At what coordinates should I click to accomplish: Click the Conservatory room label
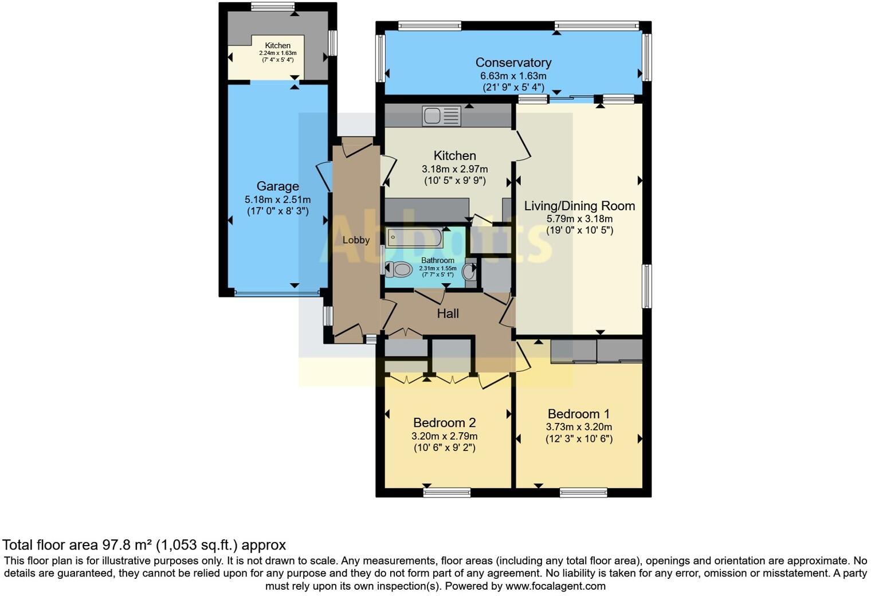pyautogui.click(x=513, y=62)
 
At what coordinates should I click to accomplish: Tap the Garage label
pyautogui.click(x=277, y=187)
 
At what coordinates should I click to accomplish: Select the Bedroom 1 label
pyautogui.click(x=579, y=414)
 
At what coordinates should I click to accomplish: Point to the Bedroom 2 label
pyautogui.click(x=445, y=422)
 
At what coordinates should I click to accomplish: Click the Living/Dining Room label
pyautogui.click(x=579, y=206)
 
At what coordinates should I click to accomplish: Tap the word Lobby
pyautogui.click(x=356, y=240)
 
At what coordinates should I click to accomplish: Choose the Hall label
pyautogui.click(x=448, y=313)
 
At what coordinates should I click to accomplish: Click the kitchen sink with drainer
pyautogui.click(x=441, y=116)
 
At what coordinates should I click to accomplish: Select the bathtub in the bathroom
pyautogui.click(x=415, y=238)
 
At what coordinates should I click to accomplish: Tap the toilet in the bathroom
pyautogui.click(x=399, y=269)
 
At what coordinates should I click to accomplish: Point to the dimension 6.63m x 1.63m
pyautogui.click(x=513, y=76)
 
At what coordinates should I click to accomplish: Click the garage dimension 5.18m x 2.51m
pyautogui.click(x=277, y=200)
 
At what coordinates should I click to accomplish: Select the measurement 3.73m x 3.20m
pyautogui.click(x=579, y=427)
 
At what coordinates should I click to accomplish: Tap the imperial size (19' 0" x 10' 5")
pyautogui.click(x=580, y=230)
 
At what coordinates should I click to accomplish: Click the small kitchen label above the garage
pyautogui.click(x=277, y=45)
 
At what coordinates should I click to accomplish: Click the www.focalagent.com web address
pyautogui.click(x=555, y=586)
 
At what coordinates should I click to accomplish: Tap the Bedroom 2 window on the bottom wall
pyautogui.click(x=447, y=493)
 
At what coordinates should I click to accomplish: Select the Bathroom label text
pyautogui.click(x=438, y=261)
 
